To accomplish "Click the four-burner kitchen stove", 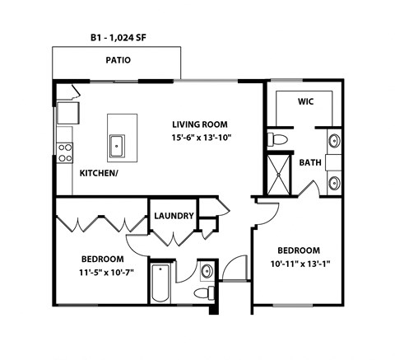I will click(x=64, y=151).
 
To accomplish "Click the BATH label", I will click(x=309, y=162).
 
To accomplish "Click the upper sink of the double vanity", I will click(x=334, y=141).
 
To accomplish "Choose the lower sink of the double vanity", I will click(x=334, y=182).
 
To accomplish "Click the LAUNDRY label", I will click(x=174, y=216).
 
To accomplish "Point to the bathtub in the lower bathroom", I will click(x=160, y=284).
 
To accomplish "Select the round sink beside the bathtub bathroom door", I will click(x=207, y=270).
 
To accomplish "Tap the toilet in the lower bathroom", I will click(x=202, y=293).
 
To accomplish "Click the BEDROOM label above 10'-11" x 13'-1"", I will click(x=298, y=250).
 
